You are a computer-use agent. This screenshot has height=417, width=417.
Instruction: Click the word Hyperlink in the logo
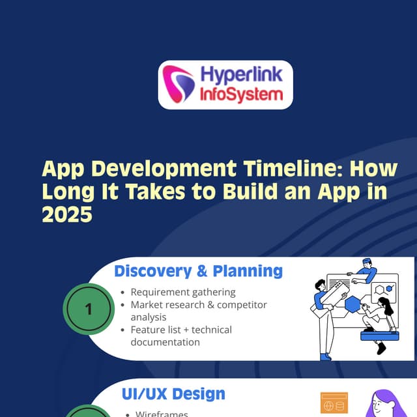[241, 75]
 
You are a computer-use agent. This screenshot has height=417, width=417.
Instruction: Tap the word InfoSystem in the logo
[241, 94]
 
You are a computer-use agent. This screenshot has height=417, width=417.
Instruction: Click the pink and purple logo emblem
[178, 84]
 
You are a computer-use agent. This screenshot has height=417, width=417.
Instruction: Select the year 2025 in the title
[67, 214]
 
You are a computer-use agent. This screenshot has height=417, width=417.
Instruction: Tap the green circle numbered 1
[89, 309]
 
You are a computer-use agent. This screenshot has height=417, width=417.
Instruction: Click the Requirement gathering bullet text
[183, 293]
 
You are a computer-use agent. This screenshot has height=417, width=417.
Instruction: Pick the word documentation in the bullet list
[165, 342]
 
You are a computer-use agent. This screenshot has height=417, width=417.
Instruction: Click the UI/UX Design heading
[173, 394]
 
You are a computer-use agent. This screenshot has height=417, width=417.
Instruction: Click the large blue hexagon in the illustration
[353, 304]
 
